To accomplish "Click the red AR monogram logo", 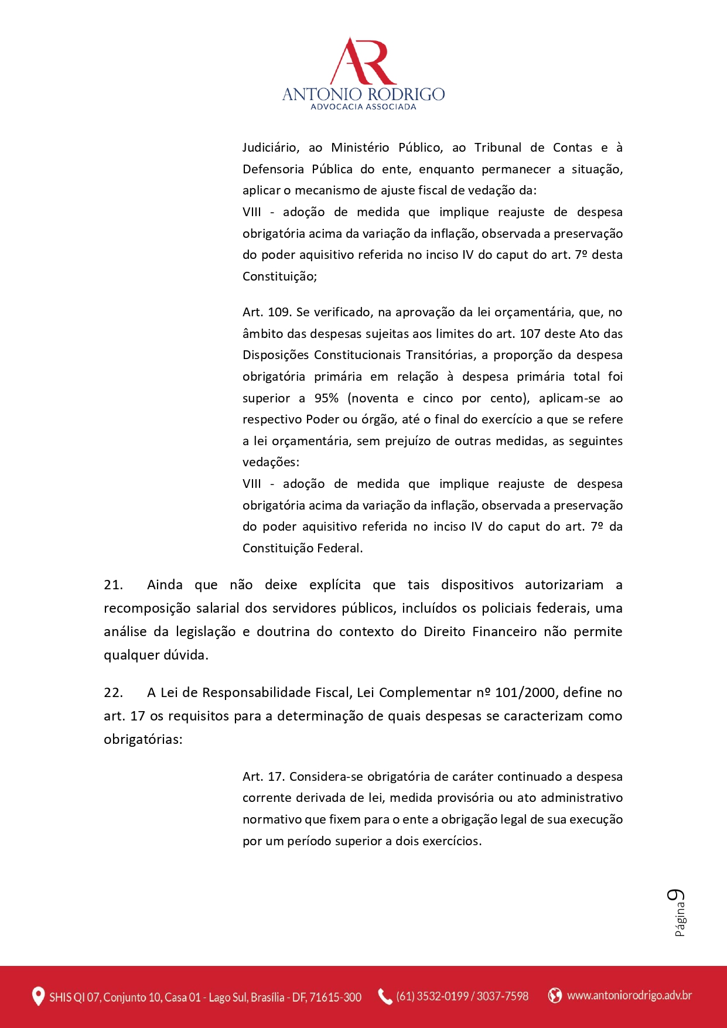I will tap(363, 62).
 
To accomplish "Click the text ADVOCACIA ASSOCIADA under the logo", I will tap(363, 107).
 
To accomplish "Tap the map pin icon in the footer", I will tap(38, 996).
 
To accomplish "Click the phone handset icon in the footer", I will tap(384, 996).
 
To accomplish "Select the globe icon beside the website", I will tap(554, 995).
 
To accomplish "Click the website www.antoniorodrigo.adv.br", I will tap(629, 995).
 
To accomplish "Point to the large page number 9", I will tap(676, 897).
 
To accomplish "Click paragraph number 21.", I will tap(113, 585).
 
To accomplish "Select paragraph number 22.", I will tap(113, 692).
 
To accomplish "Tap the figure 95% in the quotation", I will tap(326, 398).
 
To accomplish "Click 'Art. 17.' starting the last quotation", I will tap(264, 777).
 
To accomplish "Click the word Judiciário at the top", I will tap(271, 148).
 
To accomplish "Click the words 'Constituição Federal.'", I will tap(302, 548).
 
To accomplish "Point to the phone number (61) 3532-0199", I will tap(433, 996).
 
